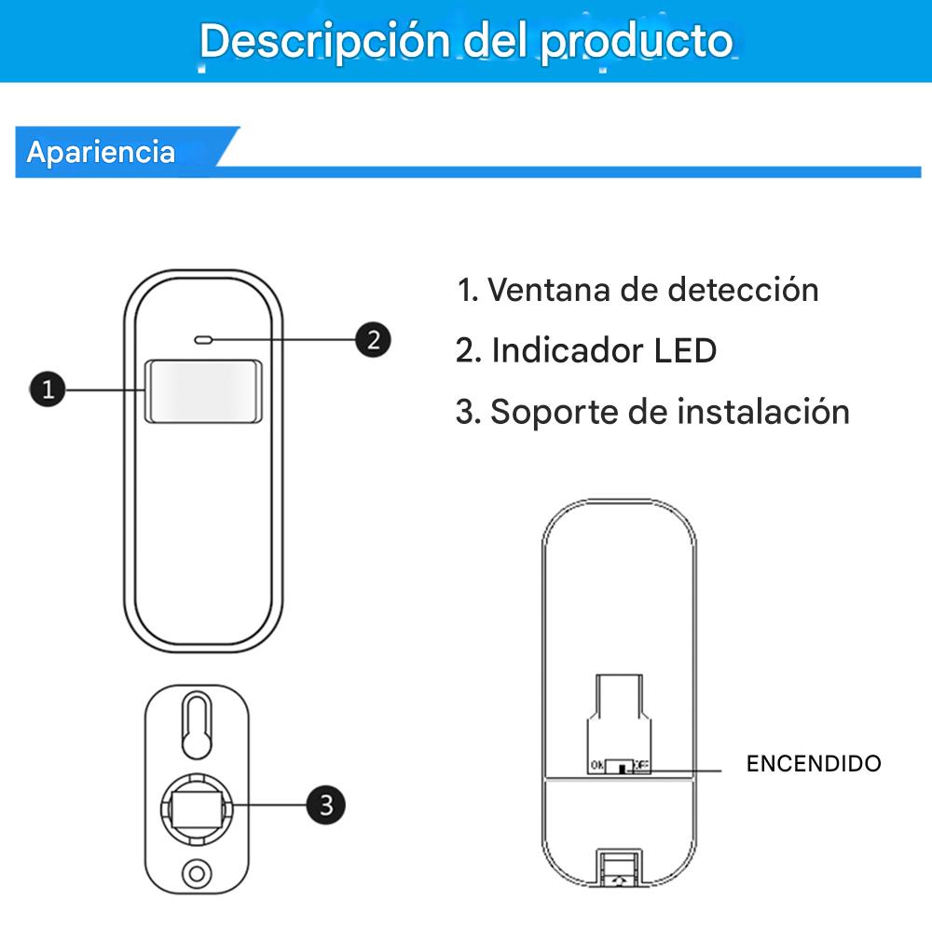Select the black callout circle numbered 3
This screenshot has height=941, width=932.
[x=325, y=803]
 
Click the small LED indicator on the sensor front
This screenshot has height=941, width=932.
[x=203, y=339]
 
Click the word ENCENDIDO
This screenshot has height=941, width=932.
[x=813, y=764]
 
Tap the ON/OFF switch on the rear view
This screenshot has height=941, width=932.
[x=620, y=767]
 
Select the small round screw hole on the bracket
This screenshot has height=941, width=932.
[x=197, y=873]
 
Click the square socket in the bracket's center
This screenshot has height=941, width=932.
[x=197, y=803]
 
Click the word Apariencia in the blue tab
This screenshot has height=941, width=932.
[x=101, y=152]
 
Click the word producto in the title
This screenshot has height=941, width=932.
[x=638, y=41]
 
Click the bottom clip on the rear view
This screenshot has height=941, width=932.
[x=619, y=866]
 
